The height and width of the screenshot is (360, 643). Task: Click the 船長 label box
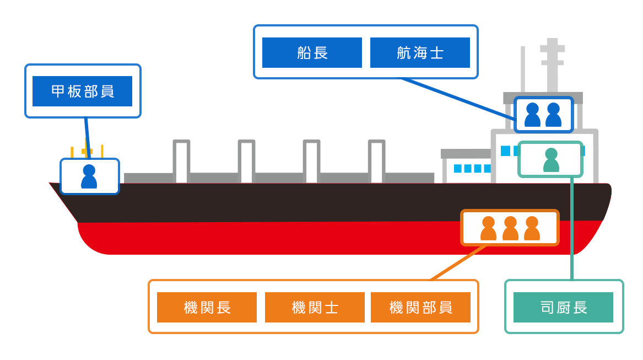tap(312, 53)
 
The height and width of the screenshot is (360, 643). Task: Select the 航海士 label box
tap(420, 53)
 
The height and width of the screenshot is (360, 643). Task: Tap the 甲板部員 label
tap(82, 91)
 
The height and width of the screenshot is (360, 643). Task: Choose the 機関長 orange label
tap(207, 307)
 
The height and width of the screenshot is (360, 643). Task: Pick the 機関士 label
tap(315, 307)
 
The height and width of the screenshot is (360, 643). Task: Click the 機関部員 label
tap(420, 307)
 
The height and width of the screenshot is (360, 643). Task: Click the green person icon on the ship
tap(551, 160)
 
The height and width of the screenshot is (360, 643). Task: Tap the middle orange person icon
tap(510, 228)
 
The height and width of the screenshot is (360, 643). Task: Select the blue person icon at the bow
tap(89, 176)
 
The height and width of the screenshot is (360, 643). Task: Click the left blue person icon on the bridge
tap(532, 115)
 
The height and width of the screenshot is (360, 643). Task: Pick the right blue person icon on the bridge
tap(553, 115)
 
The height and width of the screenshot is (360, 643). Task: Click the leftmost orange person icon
tap(488, 228)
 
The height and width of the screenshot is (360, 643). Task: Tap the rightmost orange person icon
tap(532, 228)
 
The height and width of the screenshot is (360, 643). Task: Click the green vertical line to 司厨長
tap(572, 232)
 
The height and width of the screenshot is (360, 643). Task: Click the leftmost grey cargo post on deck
tap(181, 161)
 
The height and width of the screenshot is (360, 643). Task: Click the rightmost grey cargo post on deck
tap(376, 161)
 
